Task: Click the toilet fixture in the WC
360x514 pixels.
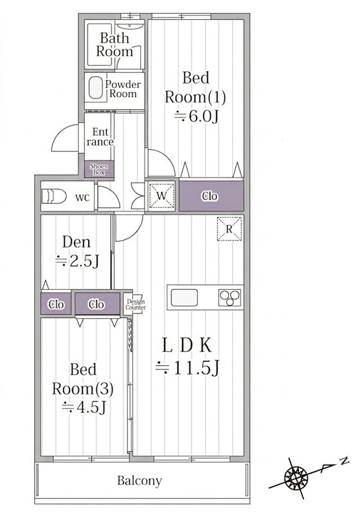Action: tap(53, 197)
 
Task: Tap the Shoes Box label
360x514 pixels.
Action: tap(99, 169)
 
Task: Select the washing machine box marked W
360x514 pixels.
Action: tap(161, 196)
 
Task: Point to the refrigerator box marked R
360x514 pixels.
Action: tap(230, 229)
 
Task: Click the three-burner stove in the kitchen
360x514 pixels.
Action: tap(230, 297)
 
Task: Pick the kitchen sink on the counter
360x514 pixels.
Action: tap(184, 297)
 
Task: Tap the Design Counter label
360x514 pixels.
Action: tap(136, 305)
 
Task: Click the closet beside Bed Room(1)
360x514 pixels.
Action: tap(211, 196)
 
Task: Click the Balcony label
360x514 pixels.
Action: tap(139, 481)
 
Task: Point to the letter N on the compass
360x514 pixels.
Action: tap(344, 461)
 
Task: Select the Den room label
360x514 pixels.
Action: tap(76, 242)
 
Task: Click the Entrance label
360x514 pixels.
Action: tap(100, 137)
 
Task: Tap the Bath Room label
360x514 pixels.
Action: tap(114, 44)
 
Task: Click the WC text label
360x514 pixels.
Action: tap(82, 198)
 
